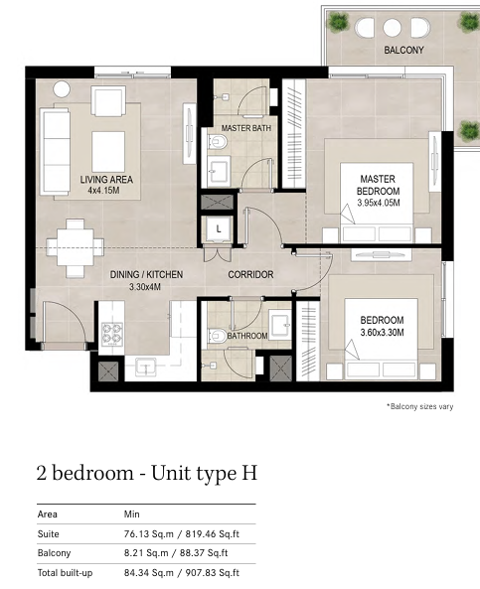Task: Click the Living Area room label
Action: click(106, 180)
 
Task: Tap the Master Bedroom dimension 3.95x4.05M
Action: click(378, 203)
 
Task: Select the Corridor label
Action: click(250, 274)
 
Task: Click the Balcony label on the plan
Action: click(403, 50)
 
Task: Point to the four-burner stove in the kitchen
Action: click(112, 334)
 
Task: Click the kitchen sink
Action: click(146, 367)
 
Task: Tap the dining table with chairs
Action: click(76, 248)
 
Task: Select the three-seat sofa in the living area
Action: click(55, 152)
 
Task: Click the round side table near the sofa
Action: click(62, 89)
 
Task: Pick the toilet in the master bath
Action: click(219, 142)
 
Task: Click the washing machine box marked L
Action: click(219, 228)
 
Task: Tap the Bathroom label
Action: click(247, 336)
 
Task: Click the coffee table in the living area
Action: click(108, 151)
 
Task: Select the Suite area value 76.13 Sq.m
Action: click(149, 533)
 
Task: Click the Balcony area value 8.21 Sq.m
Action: click(146, 553)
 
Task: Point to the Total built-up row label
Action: click(65, 573)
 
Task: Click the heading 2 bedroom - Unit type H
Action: click(147, 474)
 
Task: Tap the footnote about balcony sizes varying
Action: click(419, 406)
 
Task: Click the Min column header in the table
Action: click(131, 514)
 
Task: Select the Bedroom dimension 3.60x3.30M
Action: click(382, 333)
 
